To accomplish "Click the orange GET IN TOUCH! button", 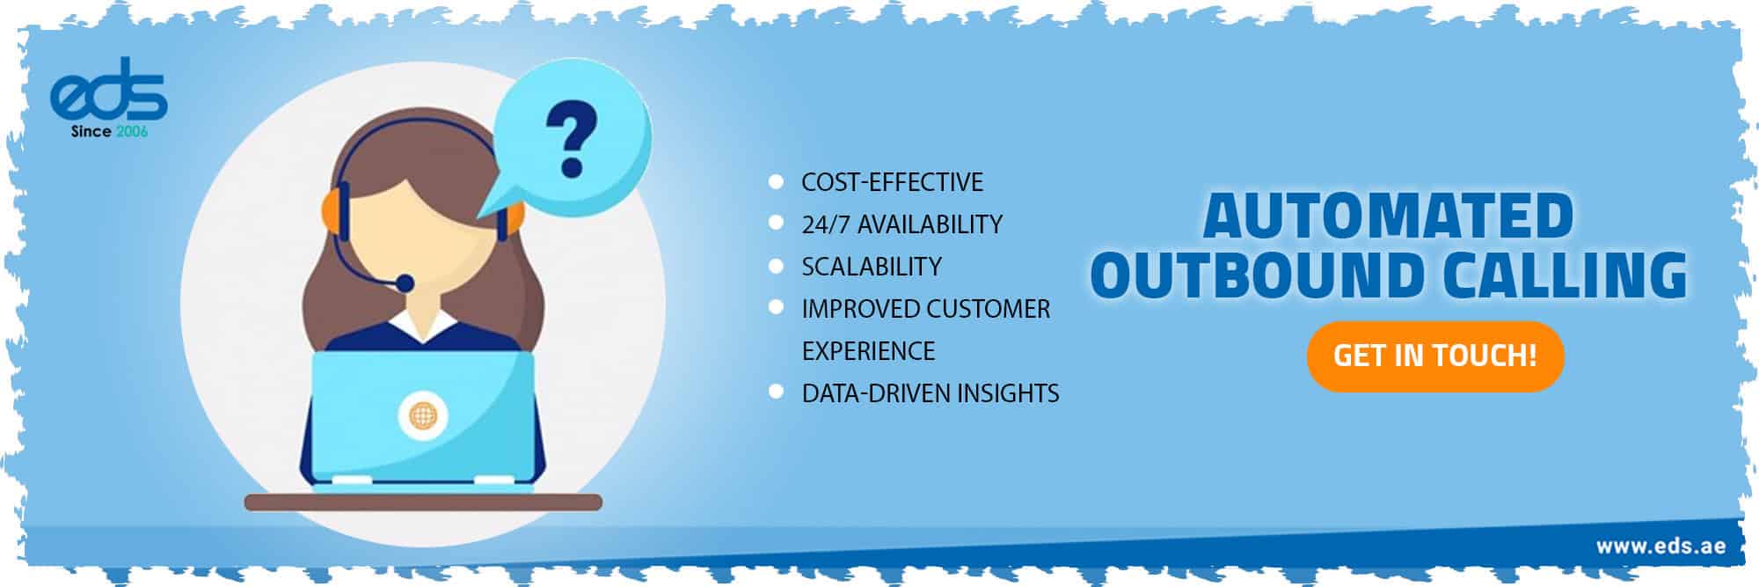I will click(x=1434, y=356).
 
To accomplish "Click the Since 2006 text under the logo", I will click(x=109, y=132).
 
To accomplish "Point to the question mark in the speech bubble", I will click(x=571, y=137).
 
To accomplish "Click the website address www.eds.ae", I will click(x=1660, y=546).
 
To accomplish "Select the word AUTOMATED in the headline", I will click(x=1388, y=216).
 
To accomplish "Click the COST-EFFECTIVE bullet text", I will click(x=892, y=182).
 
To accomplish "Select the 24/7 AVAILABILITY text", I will click(x=901, y=224).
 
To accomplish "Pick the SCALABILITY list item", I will click(x=871, y=267).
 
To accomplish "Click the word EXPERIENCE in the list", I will click(x=868, y=351).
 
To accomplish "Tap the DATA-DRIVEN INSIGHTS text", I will click(x=930, y=393).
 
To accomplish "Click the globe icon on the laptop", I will click(x=423, y=414).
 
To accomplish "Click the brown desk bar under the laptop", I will click(x=422, y=503).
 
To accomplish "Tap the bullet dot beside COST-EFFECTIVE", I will click(x=776, y=181).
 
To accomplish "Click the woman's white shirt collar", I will click(x=423, y=325).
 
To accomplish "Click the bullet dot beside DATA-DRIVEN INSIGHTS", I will click(x=776, y=392).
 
